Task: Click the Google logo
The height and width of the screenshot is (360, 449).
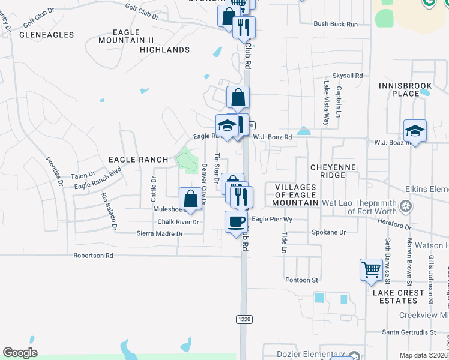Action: click(20, 353)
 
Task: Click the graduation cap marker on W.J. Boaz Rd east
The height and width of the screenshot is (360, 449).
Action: click(415, 130)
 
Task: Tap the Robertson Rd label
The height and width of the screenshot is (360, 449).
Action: click(93, 256)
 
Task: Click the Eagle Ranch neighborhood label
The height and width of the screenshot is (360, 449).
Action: click(137, 160)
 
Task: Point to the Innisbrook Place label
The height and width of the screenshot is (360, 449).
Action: click(407, 89)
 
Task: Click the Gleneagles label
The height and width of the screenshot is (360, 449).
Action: click(47, 35)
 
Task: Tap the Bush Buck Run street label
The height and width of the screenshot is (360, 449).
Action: click(336, 24)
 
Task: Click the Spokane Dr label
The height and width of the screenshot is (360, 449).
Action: click(329, 232)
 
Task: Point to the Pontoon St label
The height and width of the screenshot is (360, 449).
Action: click(302, 280)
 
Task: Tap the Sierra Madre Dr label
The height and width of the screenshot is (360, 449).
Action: click(159, 233)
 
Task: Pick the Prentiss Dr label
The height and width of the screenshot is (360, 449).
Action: click(55, 172)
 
